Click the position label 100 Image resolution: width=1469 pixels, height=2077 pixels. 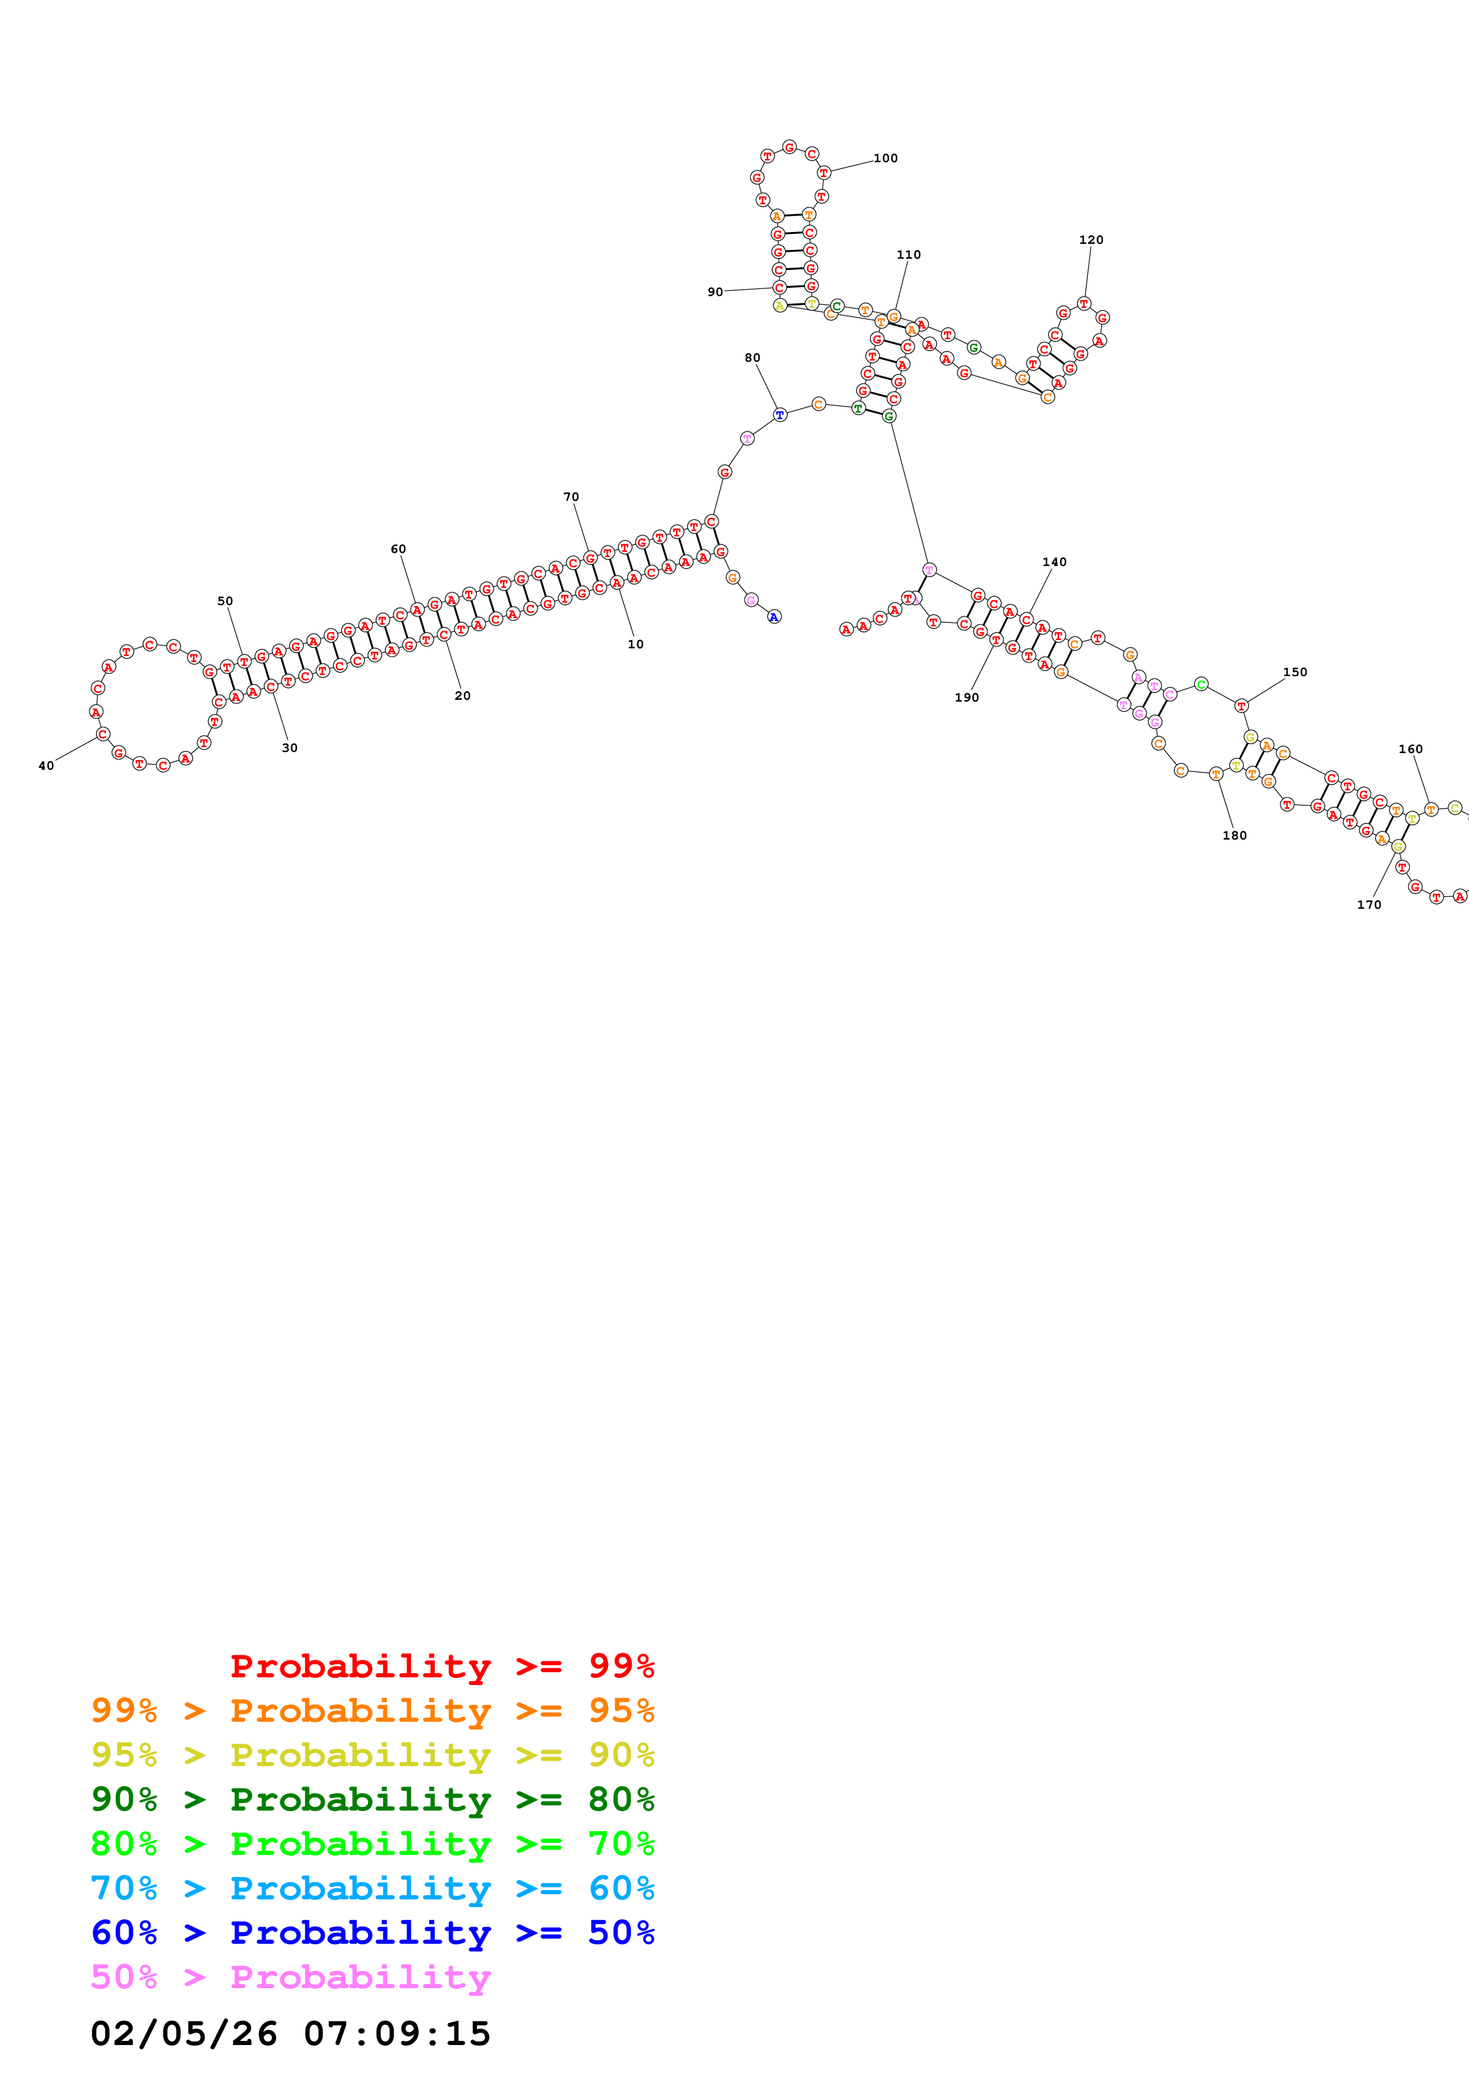[x=885, y=158]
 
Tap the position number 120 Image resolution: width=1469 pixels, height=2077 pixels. [x=1091, y=240]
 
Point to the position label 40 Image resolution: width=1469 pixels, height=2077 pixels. [x=46, y=766]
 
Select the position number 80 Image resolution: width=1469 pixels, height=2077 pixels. [x=752, y=358]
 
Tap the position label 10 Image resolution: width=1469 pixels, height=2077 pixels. [x=635, y=645]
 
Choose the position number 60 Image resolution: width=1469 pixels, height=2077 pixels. [x=398, y=549]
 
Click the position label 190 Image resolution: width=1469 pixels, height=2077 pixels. [x=966, y=697]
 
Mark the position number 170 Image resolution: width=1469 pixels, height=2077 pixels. [x=1368, y=905]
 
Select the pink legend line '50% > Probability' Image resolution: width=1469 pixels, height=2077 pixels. [x=290, y=1978]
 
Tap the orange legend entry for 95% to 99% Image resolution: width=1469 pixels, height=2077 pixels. [x=372, y=1711]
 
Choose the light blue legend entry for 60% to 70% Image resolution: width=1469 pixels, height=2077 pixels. [x=372, y=1889]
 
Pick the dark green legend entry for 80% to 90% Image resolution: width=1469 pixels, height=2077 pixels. [x=372, y=1799]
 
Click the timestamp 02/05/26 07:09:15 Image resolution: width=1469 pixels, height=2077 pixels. [x=290, y=2034]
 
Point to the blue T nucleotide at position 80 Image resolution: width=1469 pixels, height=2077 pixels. [x=779, y=415]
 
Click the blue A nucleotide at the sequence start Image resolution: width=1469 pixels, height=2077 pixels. [x=774, y=617]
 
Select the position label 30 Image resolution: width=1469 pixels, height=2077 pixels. [x=290, y=748]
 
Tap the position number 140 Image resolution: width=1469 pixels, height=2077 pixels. [x=1054, y=562]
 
